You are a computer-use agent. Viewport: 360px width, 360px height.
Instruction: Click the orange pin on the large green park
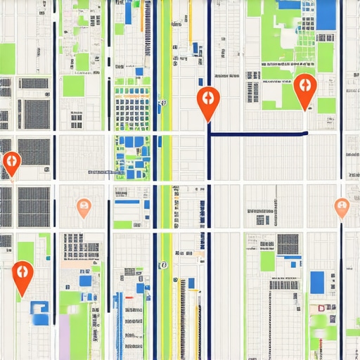tap(304, 87)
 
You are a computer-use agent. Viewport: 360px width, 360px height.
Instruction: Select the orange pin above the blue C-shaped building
tap(22, 272)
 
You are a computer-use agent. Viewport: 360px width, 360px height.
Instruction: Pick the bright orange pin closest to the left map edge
tap(11, 162)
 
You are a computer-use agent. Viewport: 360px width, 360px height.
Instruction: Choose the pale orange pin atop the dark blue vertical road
tap(342, 207)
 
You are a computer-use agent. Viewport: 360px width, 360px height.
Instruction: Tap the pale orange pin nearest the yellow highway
tap(84, 207)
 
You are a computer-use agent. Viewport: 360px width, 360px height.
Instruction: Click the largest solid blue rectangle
tap(326, 15)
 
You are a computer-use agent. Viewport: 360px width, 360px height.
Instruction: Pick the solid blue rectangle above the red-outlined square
tap(317, 281)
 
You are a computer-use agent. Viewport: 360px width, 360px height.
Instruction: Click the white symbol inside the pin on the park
tap(304, 84)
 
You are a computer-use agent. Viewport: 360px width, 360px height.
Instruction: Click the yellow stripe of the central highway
tap(166, 176)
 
